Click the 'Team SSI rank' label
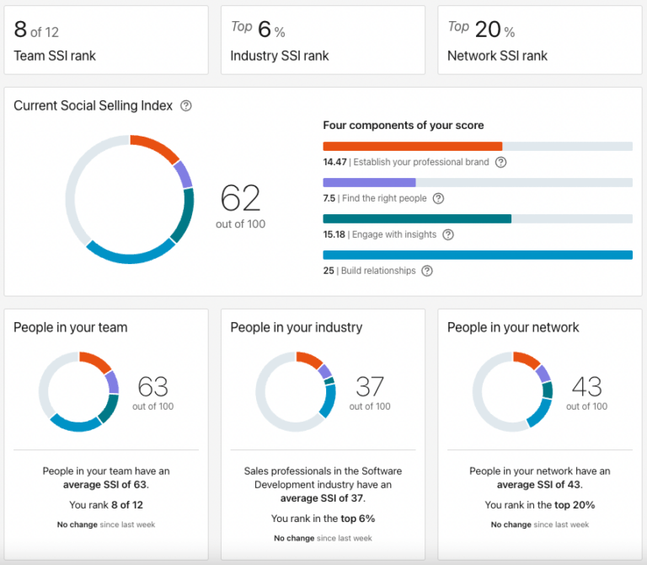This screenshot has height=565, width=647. click(55, 56)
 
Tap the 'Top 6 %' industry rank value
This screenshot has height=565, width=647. click(258, 30)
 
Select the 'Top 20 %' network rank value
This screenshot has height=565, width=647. click(481, 30)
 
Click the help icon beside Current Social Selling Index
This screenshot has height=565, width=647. click(186, 106)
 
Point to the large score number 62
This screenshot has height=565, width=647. click(240, 198)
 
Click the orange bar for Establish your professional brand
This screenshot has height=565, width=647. click(413, 146)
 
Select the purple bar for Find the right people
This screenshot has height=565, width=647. click(369, 182)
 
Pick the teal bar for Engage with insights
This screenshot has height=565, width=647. click(417, 218)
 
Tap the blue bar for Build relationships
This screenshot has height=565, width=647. click(478, 255)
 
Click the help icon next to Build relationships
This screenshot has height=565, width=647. click(427, 271)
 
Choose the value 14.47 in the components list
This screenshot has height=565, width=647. click(334, 162)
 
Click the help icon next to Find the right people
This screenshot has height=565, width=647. click(438, 198)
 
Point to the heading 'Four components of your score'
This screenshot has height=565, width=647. click(404, 126)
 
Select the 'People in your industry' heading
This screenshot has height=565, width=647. click(296, 327)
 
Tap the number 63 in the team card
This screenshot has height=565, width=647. click(152, 387)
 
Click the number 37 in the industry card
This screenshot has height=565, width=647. click(370, 387)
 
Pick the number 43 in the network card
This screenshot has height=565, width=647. click(586, 387)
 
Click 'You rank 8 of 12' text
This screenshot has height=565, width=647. click(106, 505)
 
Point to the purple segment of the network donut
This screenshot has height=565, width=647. click(543, 373)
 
